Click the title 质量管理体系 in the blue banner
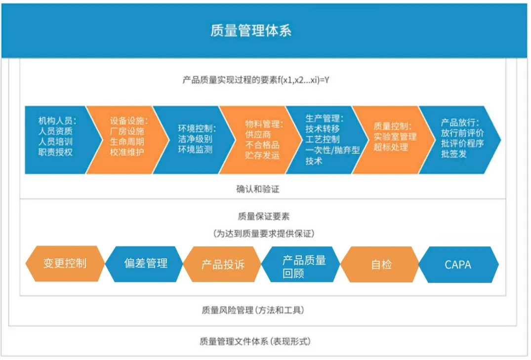[250, 31]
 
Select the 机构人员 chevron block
[56, 139]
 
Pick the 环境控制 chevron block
[195, 139]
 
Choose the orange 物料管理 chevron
[262, 139]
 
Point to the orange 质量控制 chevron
[393, 139]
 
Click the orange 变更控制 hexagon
[65, 263]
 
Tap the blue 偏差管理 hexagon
[145, 263]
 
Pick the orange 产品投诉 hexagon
[223, 264]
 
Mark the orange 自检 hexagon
[381, 264]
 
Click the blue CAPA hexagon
[458, 264]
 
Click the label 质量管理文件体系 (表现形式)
[255, 341]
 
